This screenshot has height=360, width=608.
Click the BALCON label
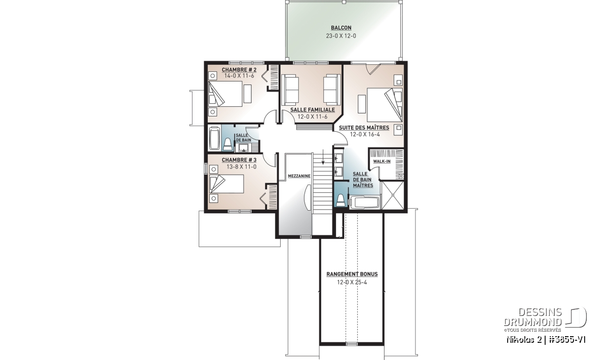341,28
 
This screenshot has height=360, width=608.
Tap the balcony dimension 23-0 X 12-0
341,36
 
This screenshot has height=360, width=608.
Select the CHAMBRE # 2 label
239,70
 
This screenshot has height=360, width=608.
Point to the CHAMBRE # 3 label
239,160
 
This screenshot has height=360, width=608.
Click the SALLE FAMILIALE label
313,110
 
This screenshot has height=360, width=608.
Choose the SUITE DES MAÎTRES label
364,128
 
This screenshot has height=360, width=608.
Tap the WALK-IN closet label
382,162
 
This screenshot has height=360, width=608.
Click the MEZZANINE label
299,176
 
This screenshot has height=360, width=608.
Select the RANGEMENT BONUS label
352,274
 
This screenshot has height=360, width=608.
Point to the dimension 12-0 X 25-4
352,283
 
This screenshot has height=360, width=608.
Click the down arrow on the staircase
323,157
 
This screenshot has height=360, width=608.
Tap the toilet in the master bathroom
340,200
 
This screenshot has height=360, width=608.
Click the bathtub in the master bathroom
364,203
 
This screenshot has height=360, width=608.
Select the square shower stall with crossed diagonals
393,195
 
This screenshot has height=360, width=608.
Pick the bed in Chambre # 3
226,184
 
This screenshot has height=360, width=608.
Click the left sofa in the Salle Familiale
290,90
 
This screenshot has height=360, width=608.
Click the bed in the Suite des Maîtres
385,105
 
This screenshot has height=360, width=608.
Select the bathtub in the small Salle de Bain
214,138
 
